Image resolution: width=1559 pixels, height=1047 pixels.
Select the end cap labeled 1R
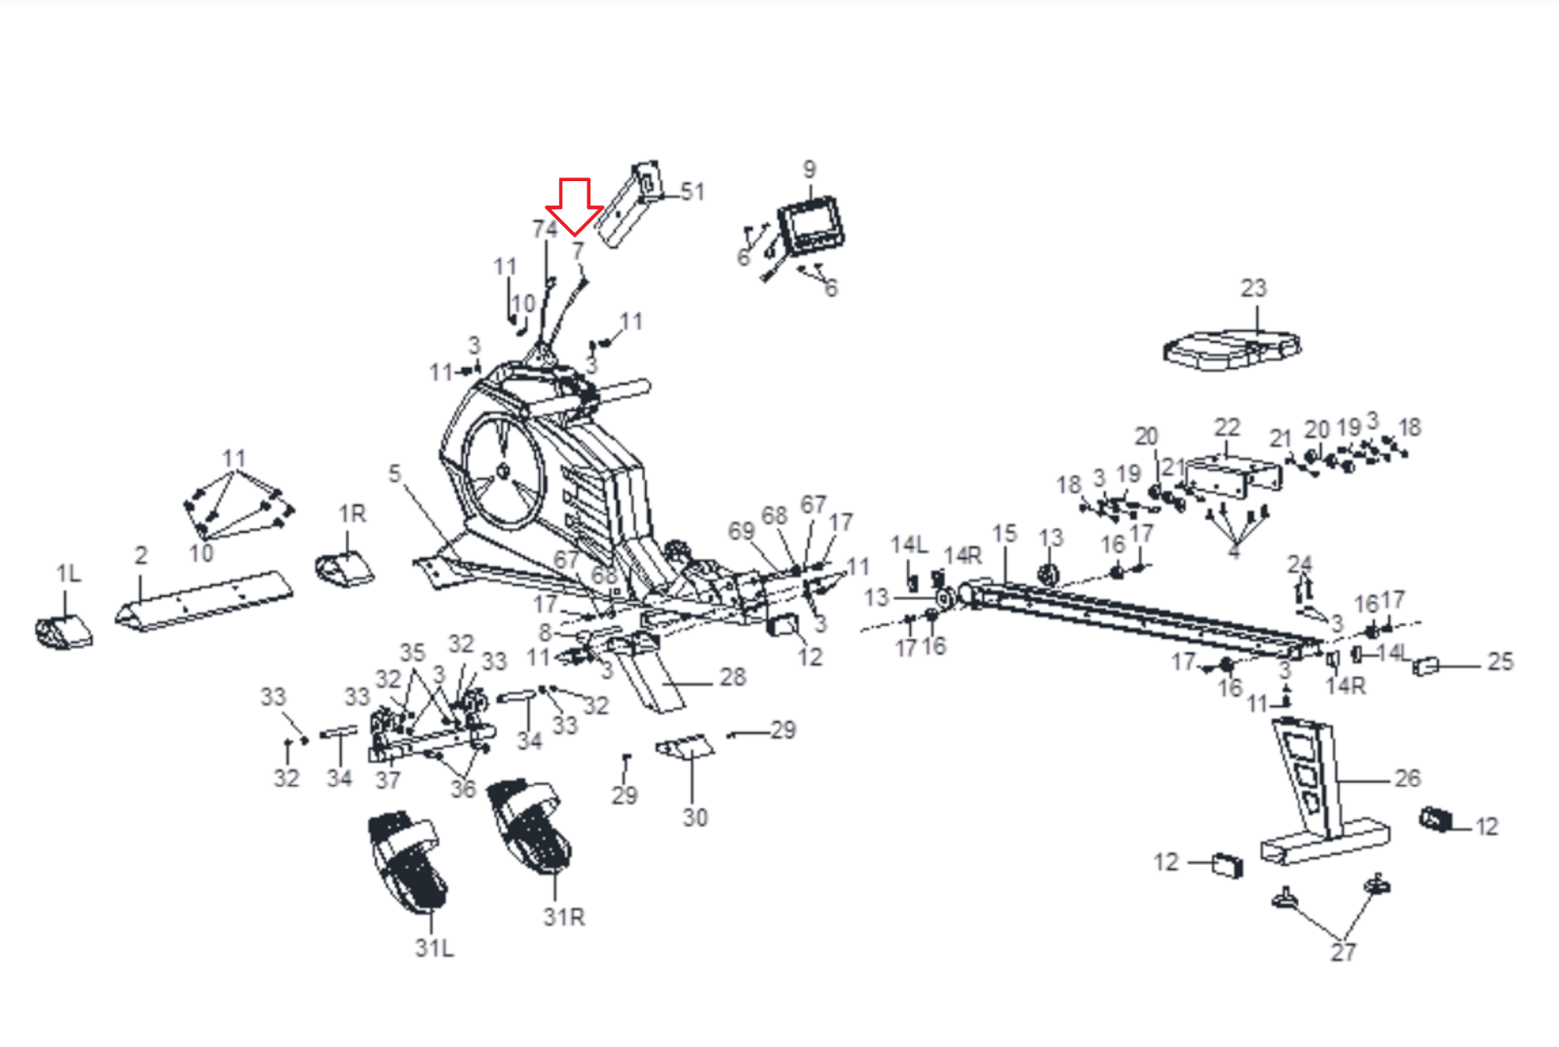pyautogui.click(x=344, y=569)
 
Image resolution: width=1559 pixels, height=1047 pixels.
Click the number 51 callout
pyautogui.click(x=693, y=192)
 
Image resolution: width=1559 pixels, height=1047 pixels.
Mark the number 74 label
pyautogui.click(x=545, y=229)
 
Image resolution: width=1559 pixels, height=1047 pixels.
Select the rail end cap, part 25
pyautogui.click(x=1426, y=666)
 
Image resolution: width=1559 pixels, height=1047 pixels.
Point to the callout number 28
pyautogui.click(x=733, y=677)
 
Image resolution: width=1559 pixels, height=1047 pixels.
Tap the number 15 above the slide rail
pyautogui.click(x=1005, y=534)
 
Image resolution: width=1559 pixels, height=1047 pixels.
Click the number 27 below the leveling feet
pyautogui.click(x=1343, y=953)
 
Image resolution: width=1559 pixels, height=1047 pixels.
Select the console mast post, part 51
pyautogui.click(x=629, y=206)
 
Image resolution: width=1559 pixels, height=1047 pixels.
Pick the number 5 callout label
pyautogui.click(x=395, y=473)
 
